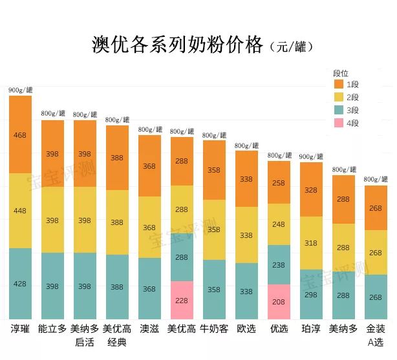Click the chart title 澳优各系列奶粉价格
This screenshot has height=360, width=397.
(177, 45)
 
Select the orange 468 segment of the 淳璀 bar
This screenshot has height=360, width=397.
(20, 134)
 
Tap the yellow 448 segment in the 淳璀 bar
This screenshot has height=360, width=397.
(20, 210)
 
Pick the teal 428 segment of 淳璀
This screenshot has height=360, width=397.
(20, 283)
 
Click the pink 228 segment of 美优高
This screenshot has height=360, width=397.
(182, 300)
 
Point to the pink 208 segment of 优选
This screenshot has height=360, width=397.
(279, 302)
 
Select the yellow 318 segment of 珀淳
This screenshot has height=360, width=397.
(311, 242)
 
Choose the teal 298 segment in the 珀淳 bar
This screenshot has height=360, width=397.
(311, 294)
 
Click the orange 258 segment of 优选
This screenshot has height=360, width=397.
(279, 182)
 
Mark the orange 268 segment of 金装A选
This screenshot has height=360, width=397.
(376, 208)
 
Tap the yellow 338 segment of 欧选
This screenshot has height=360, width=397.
(246, 235)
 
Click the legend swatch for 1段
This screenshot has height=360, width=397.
(339, 84)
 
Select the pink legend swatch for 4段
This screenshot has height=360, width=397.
(339, 123)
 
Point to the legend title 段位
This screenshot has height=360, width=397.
(341, 73)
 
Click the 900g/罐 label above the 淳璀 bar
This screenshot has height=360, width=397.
(20, 90)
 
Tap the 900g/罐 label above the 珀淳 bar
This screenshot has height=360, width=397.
(311, 156)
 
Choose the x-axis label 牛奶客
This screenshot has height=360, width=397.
(214, 328)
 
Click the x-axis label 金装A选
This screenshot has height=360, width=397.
(376, 335)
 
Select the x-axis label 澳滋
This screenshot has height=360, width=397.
(149, 328)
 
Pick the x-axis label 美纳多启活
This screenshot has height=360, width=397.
(85, 335)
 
